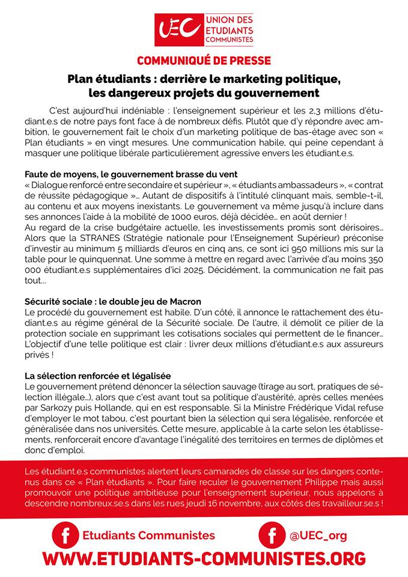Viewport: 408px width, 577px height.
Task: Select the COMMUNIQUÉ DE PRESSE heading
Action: coord(204,60)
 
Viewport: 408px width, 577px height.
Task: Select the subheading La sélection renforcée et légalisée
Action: coord(98,375)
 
